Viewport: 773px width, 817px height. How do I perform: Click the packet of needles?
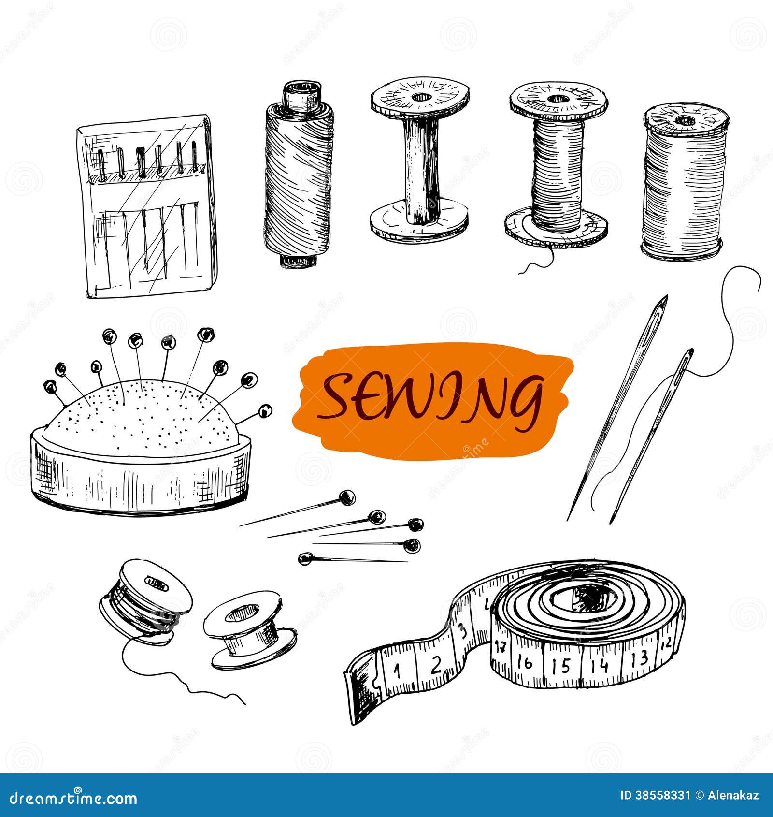coord(147,205)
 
